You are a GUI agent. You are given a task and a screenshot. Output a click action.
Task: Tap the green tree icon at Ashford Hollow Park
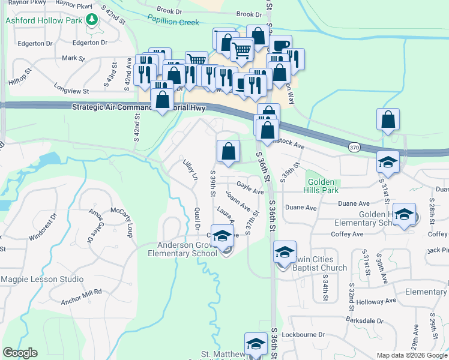point(91,20)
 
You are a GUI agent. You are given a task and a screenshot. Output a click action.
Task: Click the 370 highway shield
point(355,146)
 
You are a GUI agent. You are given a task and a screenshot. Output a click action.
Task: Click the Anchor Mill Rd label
point(76,292)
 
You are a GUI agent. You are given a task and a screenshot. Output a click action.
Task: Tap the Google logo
point(20,353)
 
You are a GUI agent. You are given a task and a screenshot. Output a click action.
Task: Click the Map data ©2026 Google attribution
point(411,355)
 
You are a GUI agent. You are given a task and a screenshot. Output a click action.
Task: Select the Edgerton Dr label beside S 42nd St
point(89,43)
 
